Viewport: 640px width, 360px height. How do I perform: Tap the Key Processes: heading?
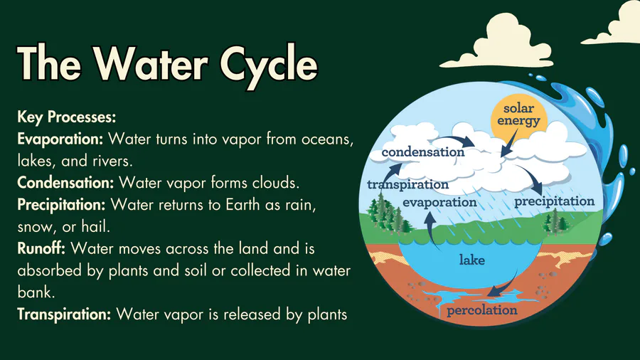(x=67, y=117)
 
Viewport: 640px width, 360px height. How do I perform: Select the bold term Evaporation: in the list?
(x=60, y=139)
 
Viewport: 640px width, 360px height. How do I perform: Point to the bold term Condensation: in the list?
(x=65, y=182)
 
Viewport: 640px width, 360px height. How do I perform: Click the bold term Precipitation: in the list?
(x=61, y=204)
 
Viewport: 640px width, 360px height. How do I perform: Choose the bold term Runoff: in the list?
(x=41, y=248)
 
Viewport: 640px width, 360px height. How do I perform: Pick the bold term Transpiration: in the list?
(x=64, y=314)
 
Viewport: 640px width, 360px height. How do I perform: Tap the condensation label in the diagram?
(x=423, y=152)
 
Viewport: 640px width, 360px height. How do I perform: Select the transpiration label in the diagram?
(x=407, y=184)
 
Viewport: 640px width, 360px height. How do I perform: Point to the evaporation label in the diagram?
(x=439, y=203)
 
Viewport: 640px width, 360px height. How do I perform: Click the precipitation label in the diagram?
(x=554, y=201)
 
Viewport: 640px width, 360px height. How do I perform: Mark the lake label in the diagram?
(x=472, y=260)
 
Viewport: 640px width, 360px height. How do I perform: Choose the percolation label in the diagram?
(x=482, y=310)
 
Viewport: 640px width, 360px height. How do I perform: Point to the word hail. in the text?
(x=96, y=226)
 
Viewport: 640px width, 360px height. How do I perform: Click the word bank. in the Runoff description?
(x=36, y=292)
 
